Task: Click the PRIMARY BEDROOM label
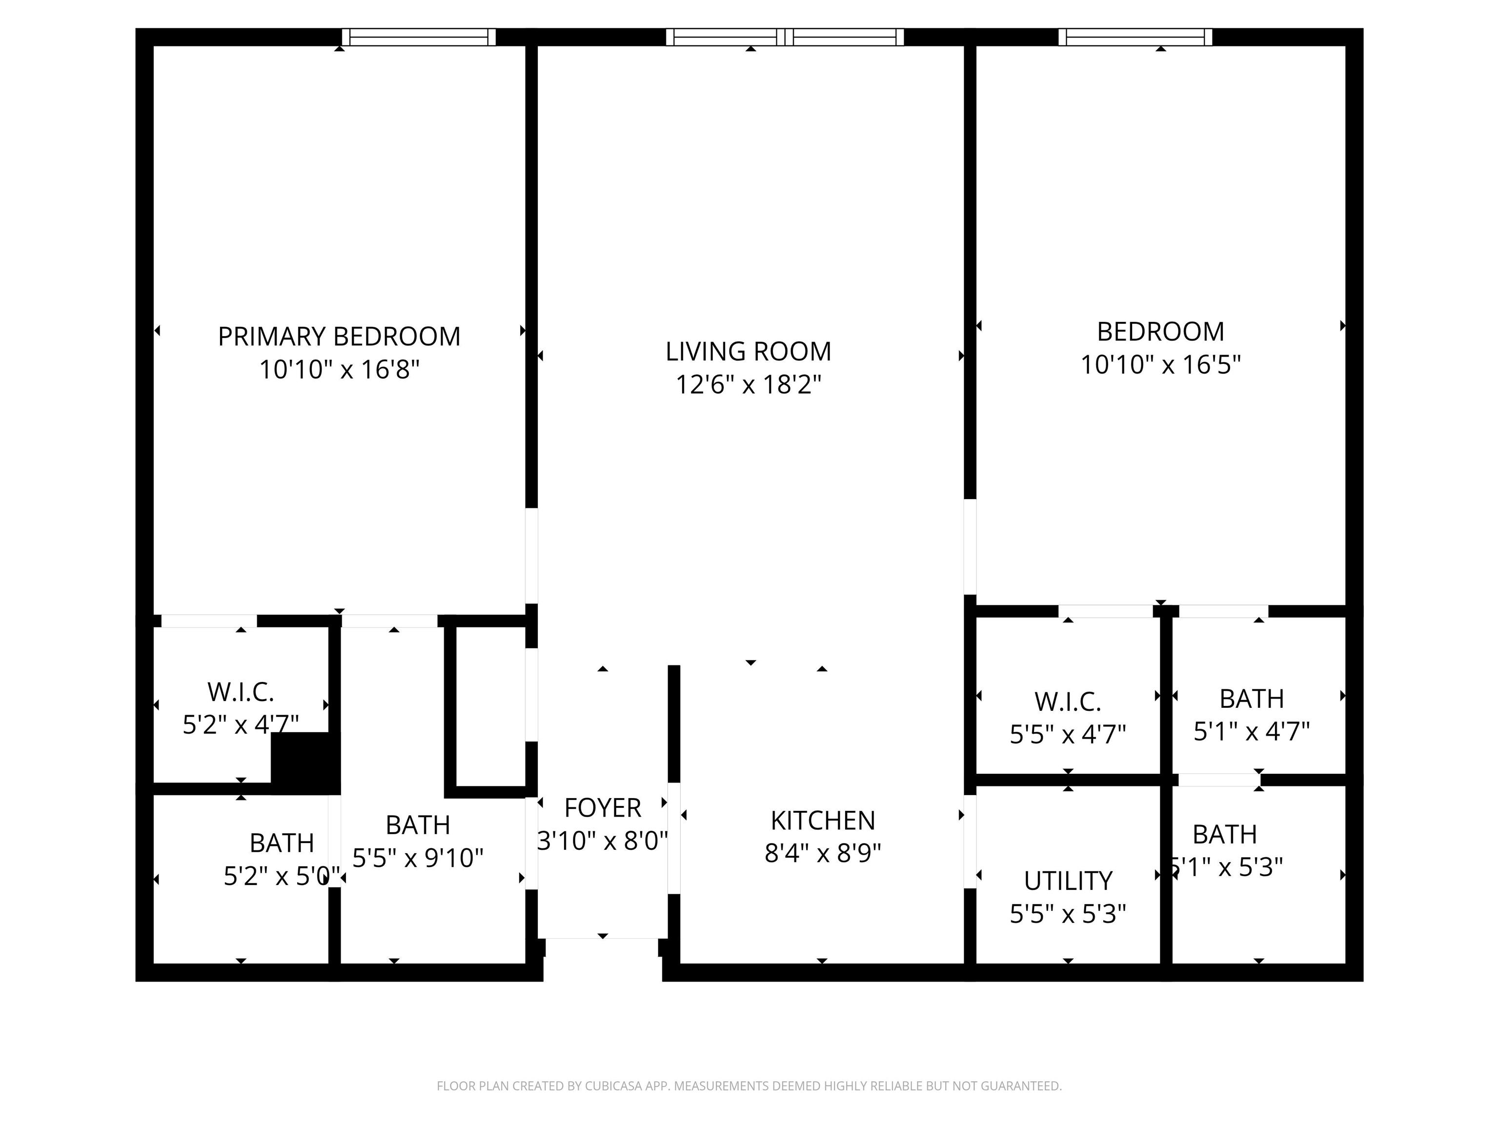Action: click(339, 337)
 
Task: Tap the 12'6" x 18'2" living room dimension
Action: click(748, 385)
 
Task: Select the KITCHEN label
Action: click(823, 821)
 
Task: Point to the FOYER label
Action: click(603, 807)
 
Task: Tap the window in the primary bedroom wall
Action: click(418, 37)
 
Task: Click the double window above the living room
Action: click(785, 37)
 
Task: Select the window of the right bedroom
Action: click(1135, 37)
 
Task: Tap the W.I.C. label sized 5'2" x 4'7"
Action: click(241, 692)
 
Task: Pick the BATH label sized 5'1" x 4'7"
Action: click(1251, 699)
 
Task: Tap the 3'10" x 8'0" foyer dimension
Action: click(603, 841)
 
